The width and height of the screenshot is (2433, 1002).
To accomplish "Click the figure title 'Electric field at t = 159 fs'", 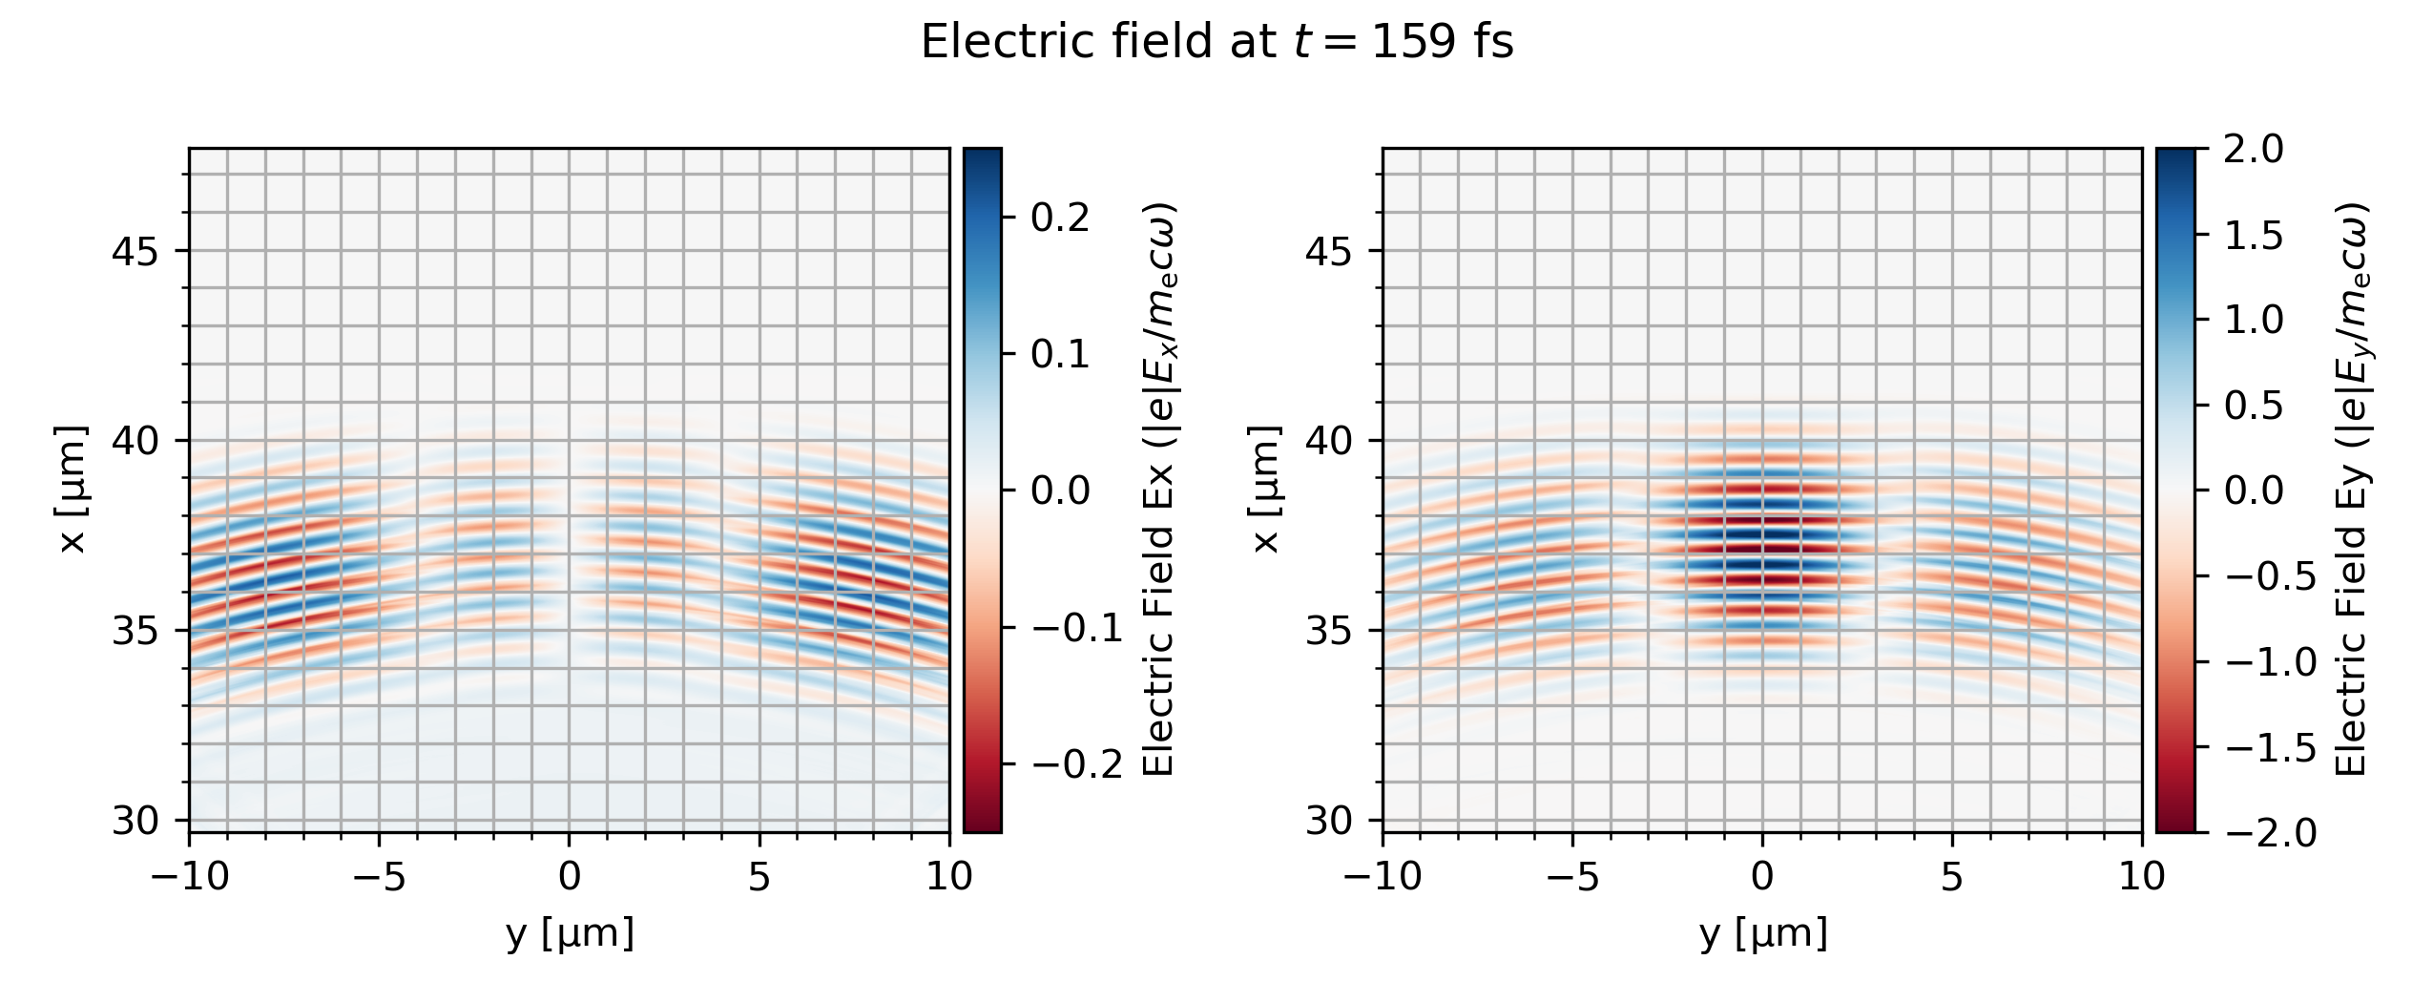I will click(x=1216, y=43).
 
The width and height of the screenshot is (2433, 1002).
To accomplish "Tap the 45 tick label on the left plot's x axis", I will click(x=136, y=252).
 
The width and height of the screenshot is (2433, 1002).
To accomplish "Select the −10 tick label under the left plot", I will click(x=190, y=877).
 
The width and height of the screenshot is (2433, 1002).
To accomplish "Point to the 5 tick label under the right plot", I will click(x=1952, y=877).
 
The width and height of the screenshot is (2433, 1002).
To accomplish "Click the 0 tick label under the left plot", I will click(x=570, y=877).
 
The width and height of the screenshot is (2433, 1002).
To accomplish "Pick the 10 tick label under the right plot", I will click(x=2142, y=877).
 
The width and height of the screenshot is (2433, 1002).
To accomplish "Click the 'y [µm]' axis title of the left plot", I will click(x=570, y=934).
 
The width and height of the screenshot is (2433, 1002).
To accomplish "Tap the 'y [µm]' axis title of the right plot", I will click(x=1763, y=934).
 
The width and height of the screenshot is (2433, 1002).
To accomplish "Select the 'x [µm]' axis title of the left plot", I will click(x=73, y=490).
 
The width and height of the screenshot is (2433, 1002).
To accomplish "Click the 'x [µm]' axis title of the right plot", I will click(x=1266, y=490).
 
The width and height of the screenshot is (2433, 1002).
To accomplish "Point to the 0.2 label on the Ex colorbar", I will click(x=1060, y=219).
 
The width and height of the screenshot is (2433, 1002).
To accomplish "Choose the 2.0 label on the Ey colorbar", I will click(x=2254, y=150).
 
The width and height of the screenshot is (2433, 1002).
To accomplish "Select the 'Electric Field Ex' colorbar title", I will click(x=1157, y=490).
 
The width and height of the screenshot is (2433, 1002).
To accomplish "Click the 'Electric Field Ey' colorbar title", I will click(x=2351, y=490).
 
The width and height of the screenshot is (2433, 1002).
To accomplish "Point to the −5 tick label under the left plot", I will click(x=380, y=877).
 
